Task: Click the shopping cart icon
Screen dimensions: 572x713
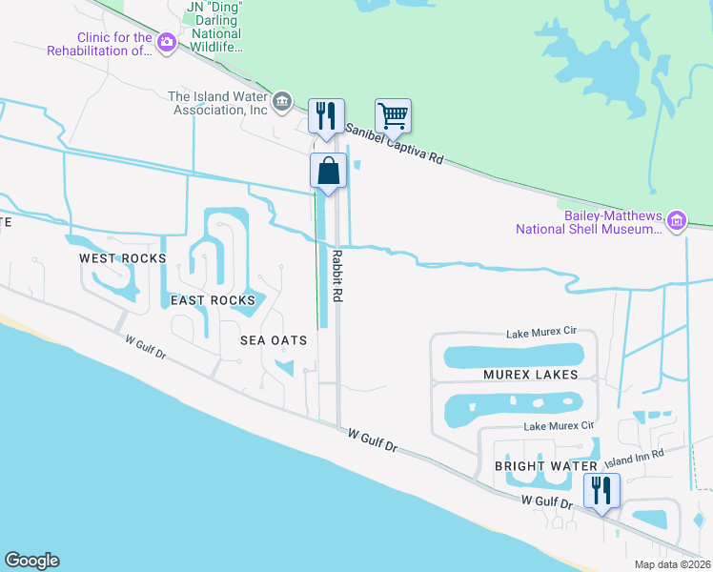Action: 393,116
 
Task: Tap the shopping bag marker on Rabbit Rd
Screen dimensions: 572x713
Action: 327,172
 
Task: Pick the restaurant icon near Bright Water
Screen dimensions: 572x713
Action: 601,490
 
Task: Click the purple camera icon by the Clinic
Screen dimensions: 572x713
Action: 167,42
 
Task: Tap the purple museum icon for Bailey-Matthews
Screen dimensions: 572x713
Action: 677,221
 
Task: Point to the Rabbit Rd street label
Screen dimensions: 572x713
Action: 336,276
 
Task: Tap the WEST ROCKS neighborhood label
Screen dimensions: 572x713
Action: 122,258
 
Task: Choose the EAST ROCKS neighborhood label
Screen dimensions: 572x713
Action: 213,300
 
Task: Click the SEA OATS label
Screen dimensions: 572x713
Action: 274,340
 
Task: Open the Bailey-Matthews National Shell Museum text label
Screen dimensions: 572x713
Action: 589,222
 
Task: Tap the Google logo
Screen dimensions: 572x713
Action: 31,561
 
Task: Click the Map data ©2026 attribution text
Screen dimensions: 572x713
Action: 671,564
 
